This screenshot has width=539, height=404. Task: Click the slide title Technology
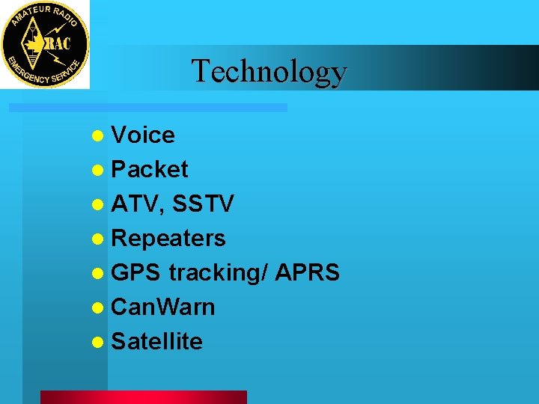pos(269,71)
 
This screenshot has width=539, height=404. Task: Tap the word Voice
pos(143,135)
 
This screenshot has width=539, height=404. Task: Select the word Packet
pos(150,170)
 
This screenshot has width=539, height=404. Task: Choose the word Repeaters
pos(168,239)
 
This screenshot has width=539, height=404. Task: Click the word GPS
pos(135,273)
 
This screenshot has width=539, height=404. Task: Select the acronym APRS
pos(308,273)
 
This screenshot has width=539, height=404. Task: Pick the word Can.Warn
pos(163,307)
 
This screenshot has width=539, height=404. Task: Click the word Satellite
pos(157,342)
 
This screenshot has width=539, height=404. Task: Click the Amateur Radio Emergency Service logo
pos(45,44)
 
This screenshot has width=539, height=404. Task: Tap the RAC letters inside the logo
pos(58,44)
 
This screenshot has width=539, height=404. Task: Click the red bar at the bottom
pos(143,397)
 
